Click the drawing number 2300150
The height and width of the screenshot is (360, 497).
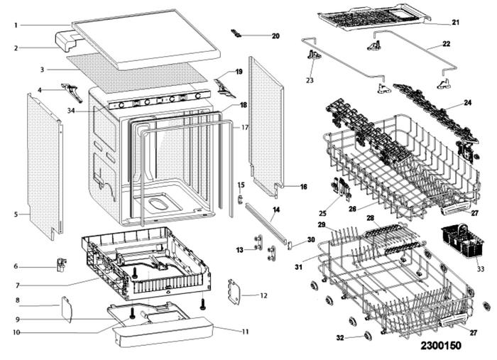(450, 345)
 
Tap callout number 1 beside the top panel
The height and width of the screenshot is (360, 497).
(15, 26)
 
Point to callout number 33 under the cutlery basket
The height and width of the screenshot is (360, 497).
(481, 269)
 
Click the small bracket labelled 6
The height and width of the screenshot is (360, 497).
(61, 265)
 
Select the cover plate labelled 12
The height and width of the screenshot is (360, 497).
(233, 291)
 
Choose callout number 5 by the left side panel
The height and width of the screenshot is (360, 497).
(16, 212)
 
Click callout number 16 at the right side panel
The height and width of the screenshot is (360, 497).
(303, 187)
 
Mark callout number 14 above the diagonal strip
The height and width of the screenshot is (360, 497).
(275, 209)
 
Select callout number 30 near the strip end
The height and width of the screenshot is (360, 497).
(310, 240)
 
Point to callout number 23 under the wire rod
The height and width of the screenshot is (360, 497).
(310, 80)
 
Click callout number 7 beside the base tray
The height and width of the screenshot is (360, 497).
(16, 284)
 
